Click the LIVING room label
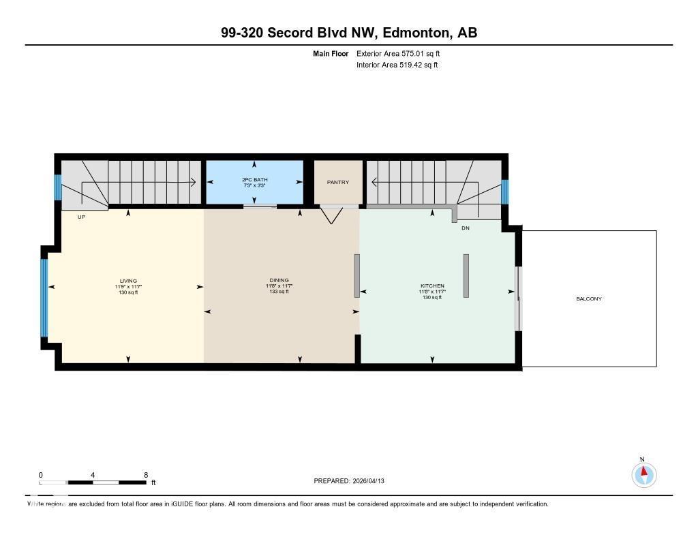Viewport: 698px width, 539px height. point(128,281)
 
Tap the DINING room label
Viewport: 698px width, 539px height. point(278,280)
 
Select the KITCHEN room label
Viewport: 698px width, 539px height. point(432,286)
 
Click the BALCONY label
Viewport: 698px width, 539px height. point(589,298)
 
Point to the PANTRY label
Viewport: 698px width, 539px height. point(337,182)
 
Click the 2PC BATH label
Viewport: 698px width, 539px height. point(254,179)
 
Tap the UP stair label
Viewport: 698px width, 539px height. point(81,216)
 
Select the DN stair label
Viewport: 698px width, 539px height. point(466,228)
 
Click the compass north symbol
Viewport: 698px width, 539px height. point(643,474)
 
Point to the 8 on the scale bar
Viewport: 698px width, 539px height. point(146,474)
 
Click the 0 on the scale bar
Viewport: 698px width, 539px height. point(40,474)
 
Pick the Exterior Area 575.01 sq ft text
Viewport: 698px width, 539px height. point(403,53)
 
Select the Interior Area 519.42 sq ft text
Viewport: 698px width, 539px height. point(397,65)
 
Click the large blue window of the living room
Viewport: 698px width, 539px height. point(44,298)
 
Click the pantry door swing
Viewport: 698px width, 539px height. point(331,215)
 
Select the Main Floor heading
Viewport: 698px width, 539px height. point(331,53)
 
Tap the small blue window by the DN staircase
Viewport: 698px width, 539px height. point(505,191)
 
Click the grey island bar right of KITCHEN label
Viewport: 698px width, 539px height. point(466,275)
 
